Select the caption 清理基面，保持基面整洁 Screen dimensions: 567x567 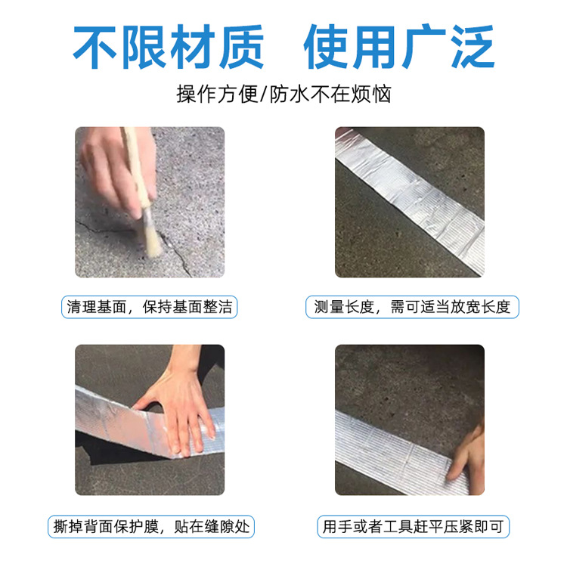149,307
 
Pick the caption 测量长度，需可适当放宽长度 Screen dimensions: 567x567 413,307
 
